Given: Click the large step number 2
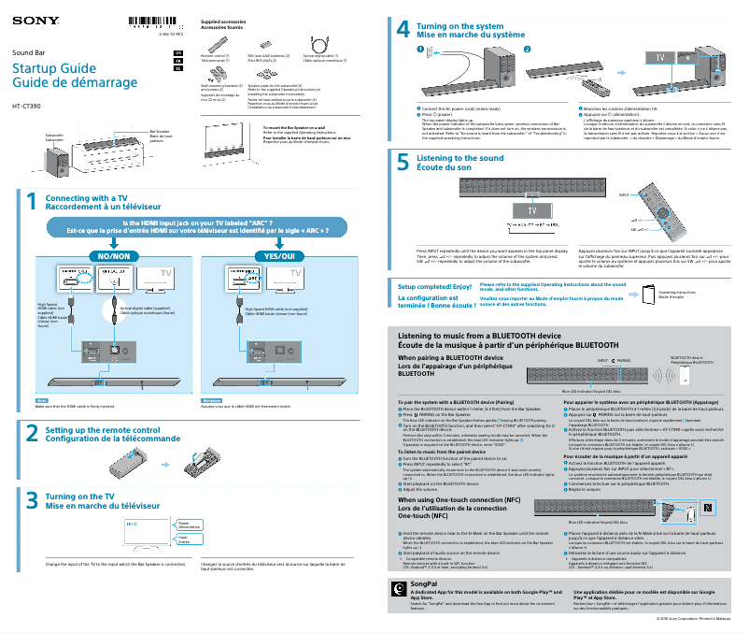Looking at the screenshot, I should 31,433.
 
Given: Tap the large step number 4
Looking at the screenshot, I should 403,31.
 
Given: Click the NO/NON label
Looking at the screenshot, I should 107,256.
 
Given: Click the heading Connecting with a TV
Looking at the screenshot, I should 87,198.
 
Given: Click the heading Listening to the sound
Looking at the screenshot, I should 459,158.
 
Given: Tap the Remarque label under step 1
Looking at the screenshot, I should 212,400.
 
